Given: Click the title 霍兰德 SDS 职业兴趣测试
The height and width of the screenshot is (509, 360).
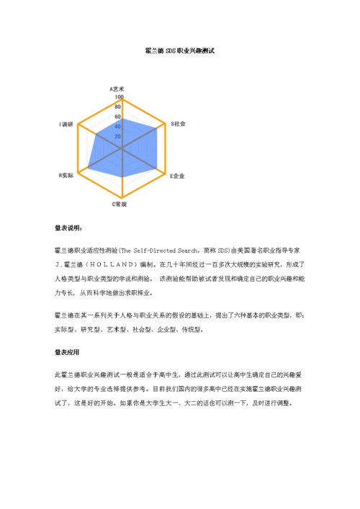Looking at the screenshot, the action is pyautogui.click(x=180, y=51).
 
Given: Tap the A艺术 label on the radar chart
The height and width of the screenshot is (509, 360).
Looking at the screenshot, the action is pyautogui.click(x=117, y=89).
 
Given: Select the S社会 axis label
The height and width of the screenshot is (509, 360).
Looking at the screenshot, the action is pyautogui.click(x=178, y=124).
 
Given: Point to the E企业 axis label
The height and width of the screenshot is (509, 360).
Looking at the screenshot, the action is pyautogui.click(x=177, y=175).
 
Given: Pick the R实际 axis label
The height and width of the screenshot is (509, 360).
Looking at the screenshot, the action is pyautogui.click(x=66, y=175).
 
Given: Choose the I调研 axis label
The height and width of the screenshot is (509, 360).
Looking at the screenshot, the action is pyautogui.click(x=67, y=125).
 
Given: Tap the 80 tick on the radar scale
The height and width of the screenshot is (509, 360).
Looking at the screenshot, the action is pyautogui.click(x=118, y=107).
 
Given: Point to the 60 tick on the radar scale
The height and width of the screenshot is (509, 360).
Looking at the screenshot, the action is pyautogui.click(x=118, y=117).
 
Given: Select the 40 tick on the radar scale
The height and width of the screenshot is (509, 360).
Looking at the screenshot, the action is pyautogui.click(x=118, y=127).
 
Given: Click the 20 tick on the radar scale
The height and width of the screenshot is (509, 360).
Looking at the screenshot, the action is pyautogui.click(x=118, y=137).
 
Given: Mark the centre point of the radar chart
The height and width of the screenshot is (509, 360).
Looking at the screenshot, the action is pyautogui.click(x=122, y=148).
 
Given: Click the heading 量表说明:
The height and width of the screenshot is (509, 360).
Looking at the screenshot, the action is pyautogui.click(x=68, y=228).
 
